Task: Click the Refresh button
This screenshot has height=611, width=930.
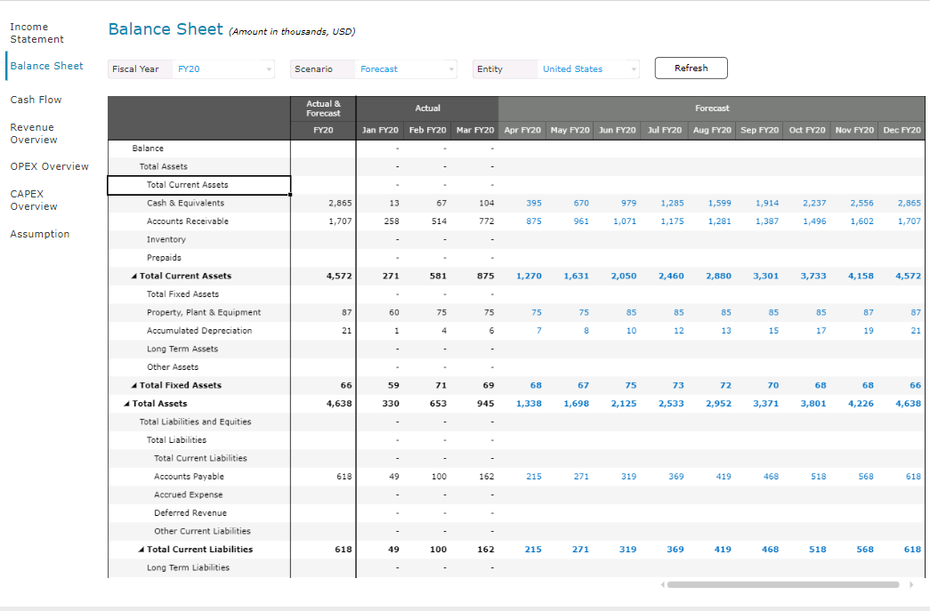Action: tap(691, 68)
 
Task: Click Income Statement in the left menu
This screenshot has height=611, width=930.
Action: tap(36, 33)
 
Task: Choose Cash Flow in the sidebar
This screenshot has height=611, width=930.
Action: tap(36, 100)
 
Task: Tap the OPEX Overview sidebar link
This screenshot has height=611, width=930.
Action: tap(49, 166)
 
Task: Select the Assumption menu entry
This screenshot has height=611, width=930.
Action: tap(39, 234)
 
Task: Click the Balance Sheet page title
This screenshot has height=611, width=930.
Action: tap(166, 29)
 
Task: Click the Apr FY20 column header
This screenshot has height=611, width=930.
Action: tap(522, 131)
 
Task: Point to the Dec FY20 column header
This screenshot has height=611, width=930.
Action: tap(902, 131)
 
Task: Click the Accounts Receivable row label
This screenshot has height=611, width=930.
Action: tap(188, 221)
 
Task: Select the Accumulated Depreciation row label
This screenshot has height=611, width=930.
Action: tap(199, 331)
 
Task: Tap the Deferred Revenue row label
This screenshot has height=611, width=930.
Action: tap(190, 513)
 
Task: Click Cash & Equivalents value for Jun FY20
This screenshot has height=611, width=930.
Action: tap(628, 204)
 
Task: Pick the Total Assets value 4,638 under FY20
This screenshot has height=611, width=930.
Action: tap(339, 404)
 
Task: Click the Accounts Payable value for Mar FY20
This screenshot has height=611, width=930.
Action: tap(486, 477)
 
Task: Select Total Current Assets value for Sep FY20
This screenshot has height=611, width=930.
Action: tap(765, 277)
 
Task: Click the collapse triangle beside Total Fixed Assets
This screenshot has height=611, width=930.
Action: tap(133, 386)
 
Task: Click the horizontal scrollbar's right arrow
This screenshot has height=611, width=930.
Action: tap(910, 585)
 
